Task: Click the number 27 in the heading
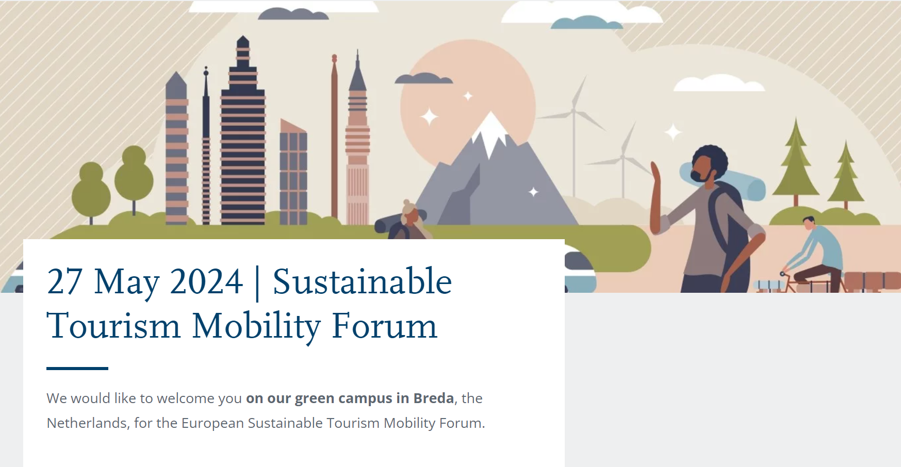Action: coord(64,282)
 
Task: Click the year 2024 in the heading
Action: coord(206,282)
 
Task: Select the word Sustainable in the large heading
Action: coord(362,282)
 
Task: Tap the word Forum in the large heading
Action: coord(384,326)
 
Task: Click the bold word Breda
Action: coord(434,398)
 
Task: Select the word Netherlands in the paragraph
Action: coord(87,423)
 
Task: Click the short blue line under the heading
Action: coord(77,369)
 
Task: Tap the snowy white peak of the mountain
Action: coord(490,131)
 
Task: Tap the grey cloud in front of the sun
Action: coord(423,78)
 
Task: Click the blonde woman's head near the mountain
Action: coord(411,212)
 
